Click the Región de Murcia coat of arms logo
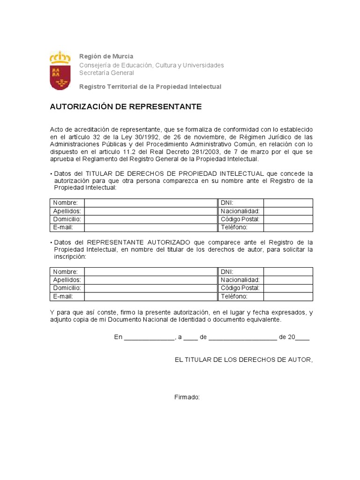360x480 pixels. (x=60, y=71)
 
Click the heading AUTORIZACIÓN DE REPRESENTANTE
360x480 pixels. (x=126, y=107)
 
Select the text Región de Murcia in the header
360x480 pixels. (x=106, y=56)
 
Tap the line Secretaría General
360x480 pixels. (x=106, y=73)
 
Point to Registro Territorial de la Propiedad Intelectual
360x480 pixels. (x=150, y=87)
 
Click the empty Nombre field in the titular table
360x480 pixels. (x=150, y=203)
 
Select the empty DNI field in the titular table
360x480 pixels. (x=288, y=203)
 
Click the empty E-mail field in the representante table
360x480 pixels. (x=150, y=297)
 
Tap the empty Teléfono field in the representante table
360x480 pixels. (x=288, y=297)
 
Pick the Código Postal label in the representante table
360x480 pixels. (x=240, y=288)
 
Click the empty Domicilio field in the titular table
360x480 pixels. (x=150, y=219)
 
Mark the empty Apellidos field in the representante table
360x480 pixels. (x=150, y=280)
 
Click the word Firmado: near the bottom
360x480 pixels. (x=187, y=397)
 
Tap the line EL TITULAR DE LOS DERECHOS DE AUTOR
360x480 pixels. (x=243, y=360)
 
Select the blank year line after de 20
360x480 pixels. (x=302, y=337)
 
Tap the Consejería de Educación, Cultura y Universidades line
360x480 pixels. (x=151, y=65)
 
